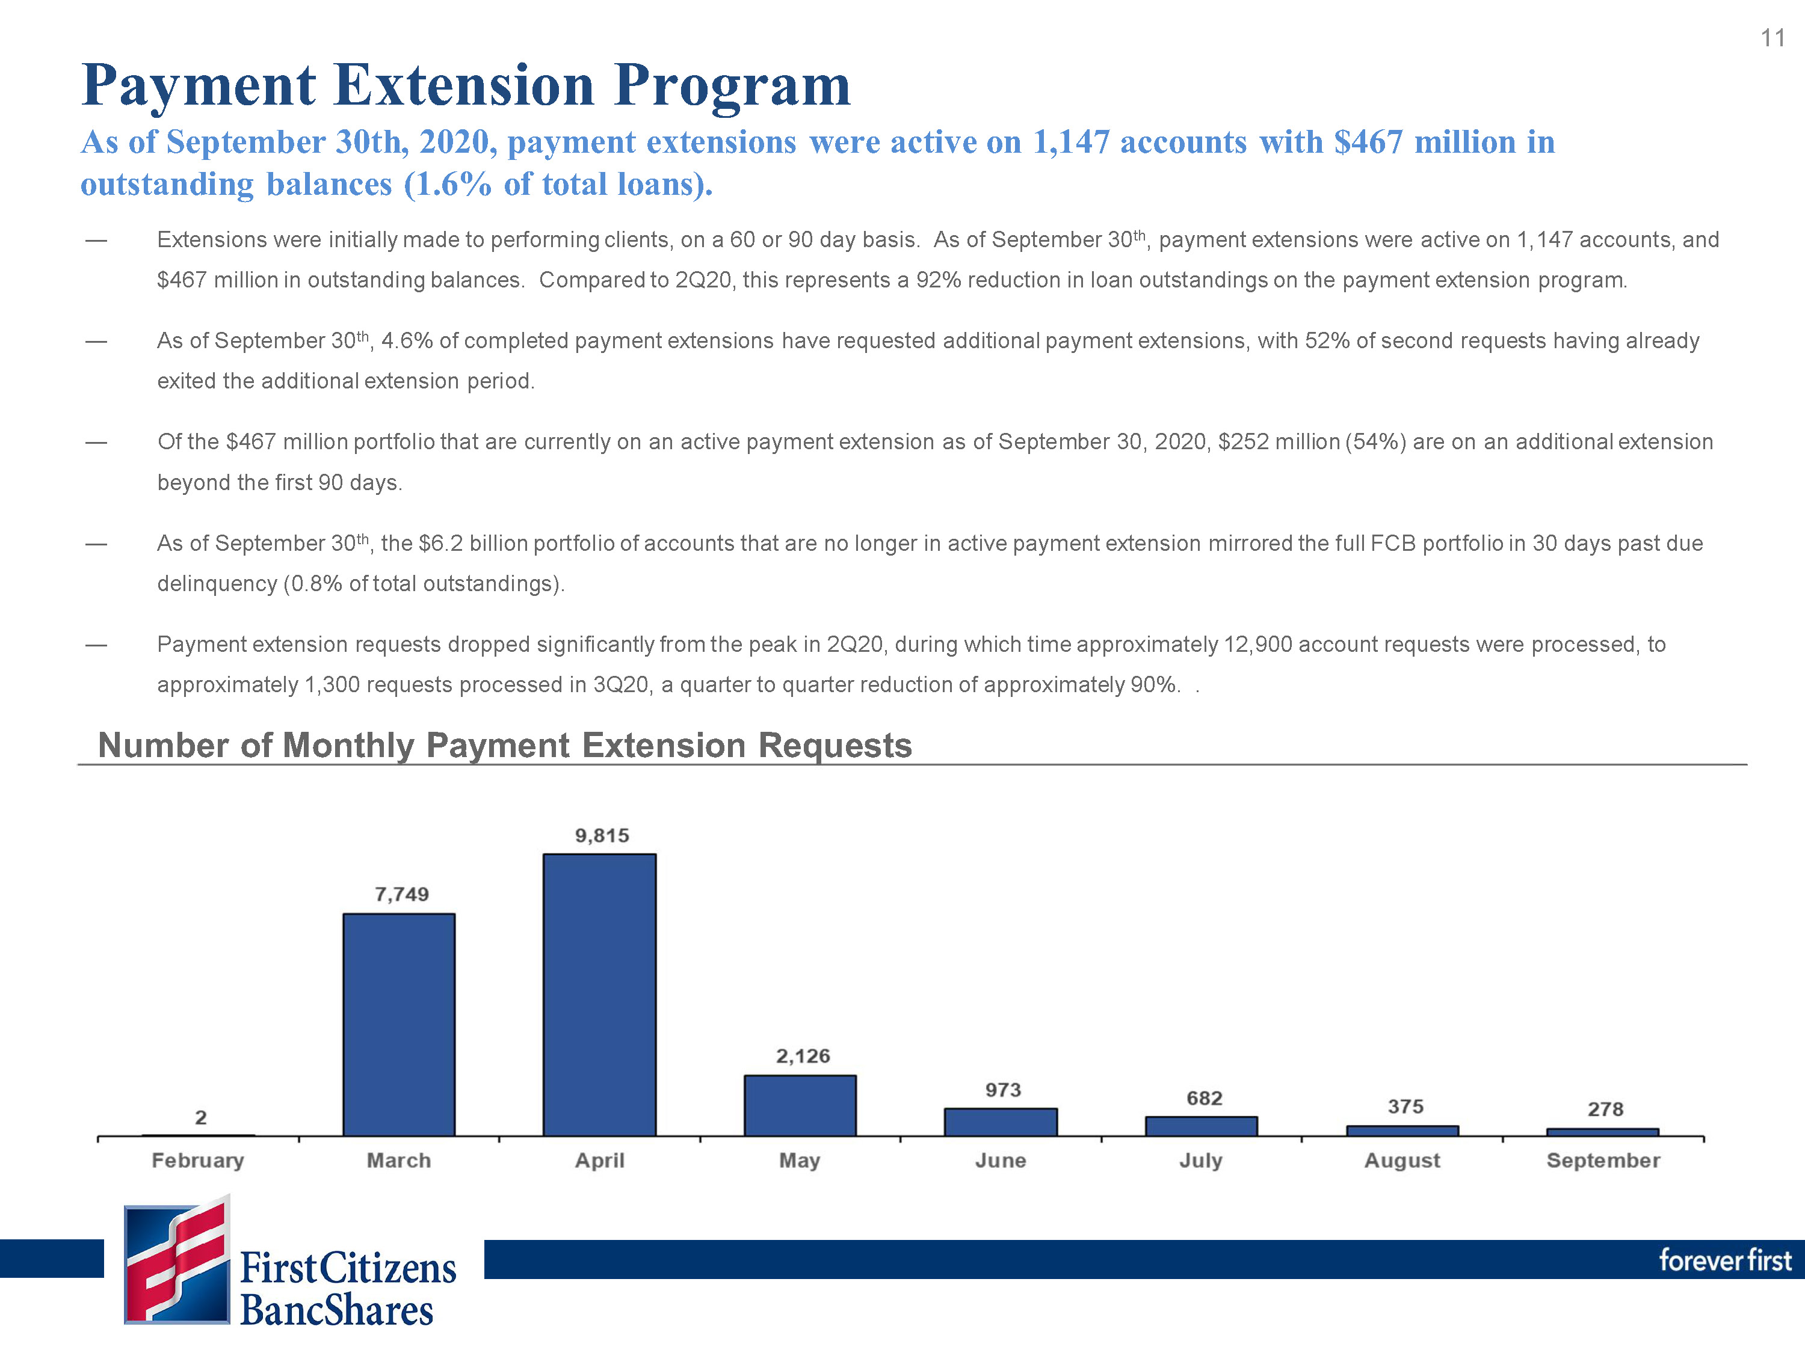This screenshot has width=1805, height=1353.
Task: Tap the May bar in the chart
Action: pyautogui.click(x=800, y=1105)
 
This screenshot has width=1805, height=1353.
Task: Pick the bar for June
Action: pyautogui.click(x=1001, y=1122)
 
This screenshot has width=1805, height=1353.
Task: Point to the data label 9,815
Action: pyautogui.click(x=602, y=836)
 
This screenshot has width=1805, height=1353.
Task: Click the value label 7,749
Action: pyautogui.click(x=401, y=895)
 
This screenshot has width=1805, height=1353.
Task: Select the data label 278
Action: pyautogui.click(x=1605, y=1109)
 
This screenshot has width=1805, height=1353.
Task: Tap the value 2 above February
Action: pyautogui.click(x=201, y=1117)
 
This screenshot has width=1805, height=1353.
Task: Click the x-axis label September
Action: pyautogui.click(x=1603, y=1161)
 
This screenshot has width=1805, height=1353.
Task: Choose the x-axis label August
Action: pyautogui.click(x=1402, y=1161)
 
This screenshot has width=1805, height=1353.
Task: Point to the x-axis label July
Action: pyautogui.click(x=1200, y=1161)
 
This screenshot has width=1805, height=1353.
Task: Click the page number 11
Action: pyautogui.click(x=1773, y=38)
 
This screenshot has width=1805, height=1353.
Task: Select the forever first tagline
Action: pyautogui.click(x=1725, y=1260)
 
